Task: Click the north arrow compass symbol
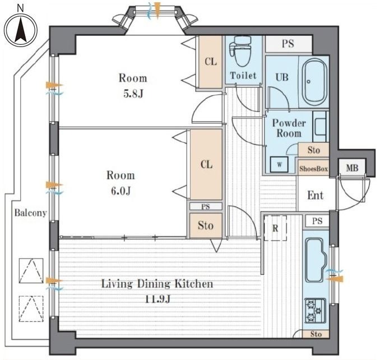pos(21,30)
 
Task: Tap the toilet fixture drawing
pos(240,51)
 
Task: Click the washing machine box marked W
pos(280,165)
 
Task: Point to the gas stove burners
pos(315,311)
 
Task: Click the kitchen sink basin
pos(316,260)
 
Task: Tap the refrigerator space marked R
pos(275,228)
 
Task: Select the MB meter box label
pos(352,168)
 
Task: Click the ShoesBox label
pos(314,168)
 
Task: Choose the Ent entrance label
pos(316,195)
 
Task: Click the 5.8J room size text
pos(133,94)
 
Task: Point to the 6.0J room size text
pos(121,191)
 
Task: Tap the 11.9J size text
pos(157,299)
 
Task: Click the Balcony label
pos(30,213)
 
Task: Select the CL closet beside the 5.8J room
pos(211,62)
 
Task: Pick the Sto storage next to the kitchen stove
pos(316,334)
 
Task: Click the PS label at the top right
pos(288,44)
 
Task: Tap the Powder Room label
pos(289,128)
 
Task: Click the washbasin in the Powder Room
pos(320,126)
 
